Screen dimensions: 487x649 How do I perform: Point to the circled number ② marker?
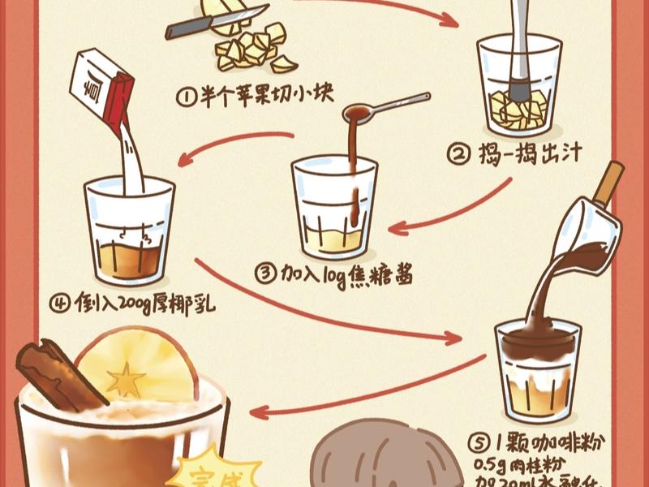[459, 152]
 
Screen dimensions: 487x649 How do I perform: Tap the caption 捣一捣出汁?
[531, 152]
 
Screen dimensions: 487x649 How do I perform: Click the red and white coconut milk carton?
[101, 85]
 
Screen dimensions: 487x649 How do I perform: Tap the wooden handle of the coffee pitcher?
[608, 183]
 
